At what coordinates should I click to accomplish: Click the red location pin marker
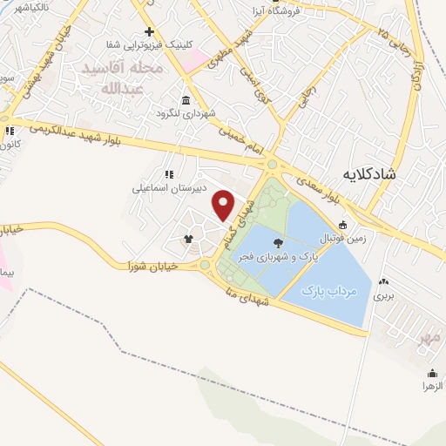224,204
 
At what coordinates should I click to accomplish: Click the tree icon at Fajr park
278,243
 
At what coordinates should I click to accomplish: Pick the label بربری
384,296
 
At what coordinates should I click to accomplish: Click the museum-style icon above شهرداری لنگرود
186,98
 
